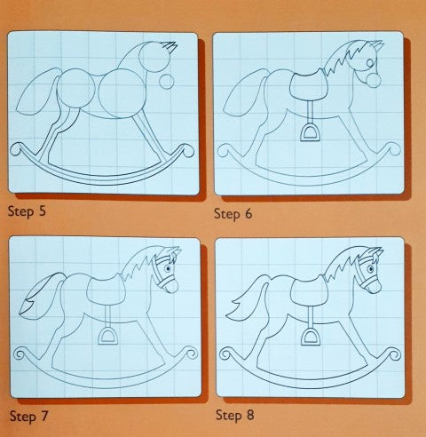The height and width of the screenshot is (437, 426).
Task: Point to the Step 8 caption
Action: pos(236,414)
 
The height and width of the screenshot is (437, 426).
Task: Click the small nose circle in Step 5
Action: pos(165,83)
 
